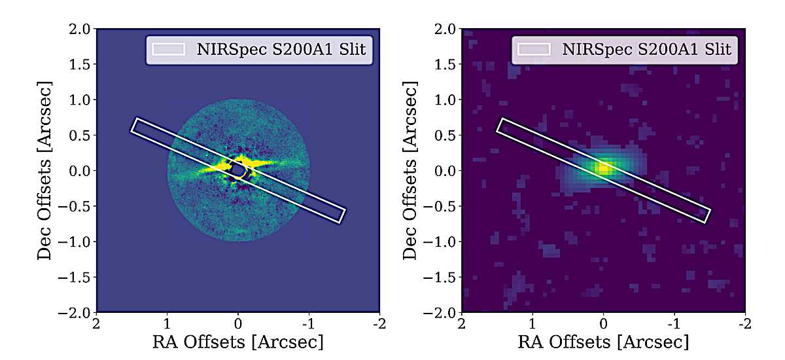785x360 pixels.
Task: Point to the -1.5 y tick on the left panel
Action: coord(77,277)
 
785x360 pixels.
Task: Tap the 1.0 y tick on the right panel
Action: coord(445,99)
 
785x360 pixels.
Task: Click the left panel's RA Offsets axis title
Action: coord(238,342)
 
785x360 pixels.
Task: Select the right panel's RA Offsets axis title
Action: coord(604,342)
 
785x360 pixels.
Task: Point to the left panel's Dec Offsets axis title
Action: coord(45,170)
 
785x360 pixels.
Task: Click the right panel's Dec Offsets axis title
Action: coord(410,170)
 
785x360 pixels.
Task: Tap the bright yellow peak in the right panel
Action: coord(603,168)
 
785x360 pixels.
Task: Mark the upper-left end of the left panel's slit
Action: coord(135,125)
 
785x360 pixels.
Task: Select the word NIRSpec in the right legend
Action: coord(581,49)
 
